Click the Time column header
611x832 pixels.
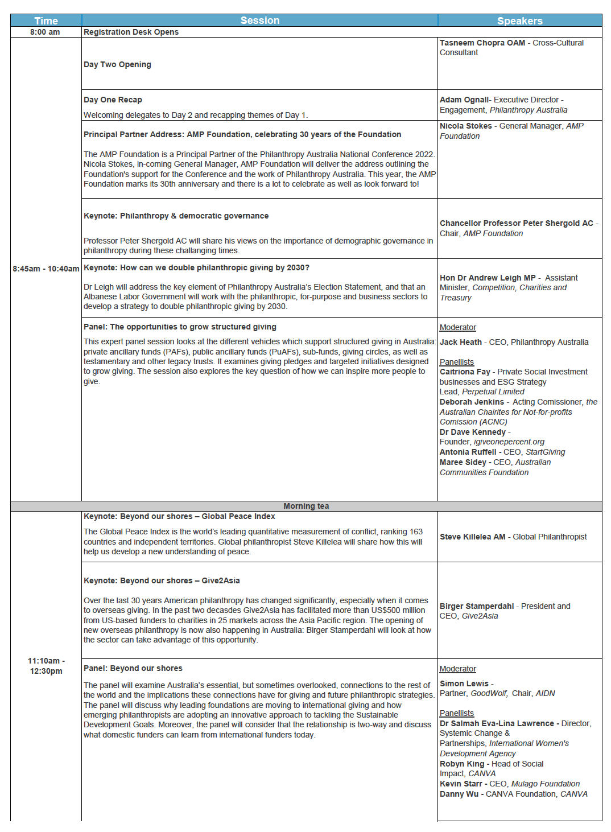coord(46,21)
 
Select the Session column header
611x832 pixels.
coord(259,20)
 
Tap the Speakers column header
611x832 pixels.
coord(519,21)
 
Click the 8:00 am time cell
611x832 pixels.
coord(45,32)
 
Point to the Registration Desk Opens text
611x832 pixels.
coord(131,32)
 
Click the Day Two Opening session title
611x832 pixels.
coord(117,65)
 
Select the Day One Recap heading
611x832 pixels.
coord(113,100)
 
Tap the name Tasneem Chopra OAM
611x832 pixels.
coord(482,43)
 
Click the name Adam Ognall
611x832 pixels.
coord(464,100)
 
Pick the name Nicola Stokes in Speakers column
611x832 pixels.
coord(465,126)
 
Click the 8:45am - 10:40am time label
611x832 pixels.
coord(46,269)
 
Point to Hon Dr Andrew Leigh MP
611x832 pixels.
coord(488,278)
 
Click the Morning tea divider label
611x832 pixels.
coord(306,506)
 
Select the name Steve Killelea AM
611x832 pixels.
coord(472,537)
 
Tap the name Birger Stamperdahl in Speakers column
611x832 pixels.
coord(476,607)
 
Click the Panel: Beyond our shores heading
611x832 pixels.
coord(133,669)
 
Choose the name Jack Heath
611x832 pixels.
coord(460,343)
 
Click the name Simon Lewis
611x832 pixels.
coord(464,684)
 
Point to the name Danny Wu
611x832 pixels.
coord(459,794)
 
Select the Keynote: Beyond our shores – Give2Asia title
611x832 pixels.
coord(162,581)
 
